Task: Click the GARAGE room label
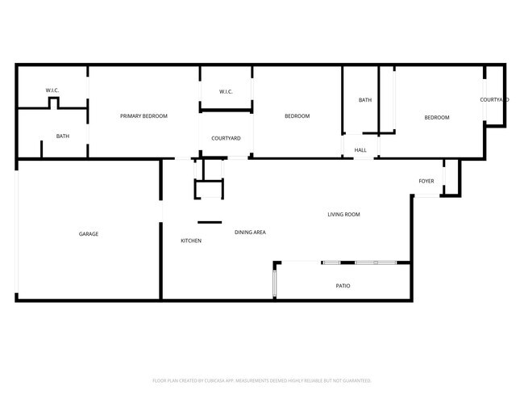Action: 89,234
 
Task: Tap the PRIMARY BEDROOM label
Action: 143,116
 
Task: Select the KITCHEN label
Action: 191,241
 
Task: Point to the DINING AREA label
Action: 250,233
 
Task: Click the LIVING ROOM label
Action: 343,215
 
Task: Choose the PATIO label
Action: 343,286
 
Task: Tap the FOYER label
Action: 426,181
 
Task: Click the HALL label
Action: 360,149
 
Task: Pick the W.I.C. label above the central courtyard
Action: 226,91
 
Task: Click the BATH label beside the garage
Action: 62,136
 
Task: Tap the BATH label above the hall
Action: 365,100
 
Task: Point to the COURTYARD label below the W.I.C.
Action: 226,138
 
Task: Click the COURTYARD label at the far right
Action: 494,99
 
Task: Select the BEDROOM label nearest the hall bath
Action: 437,118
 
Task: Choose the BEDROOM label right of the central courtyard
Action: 297,116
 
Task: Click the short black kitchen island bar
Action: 210,222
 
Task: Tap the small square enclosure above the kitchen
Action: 208,189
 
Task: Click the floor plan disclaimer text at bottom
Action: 261,380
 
